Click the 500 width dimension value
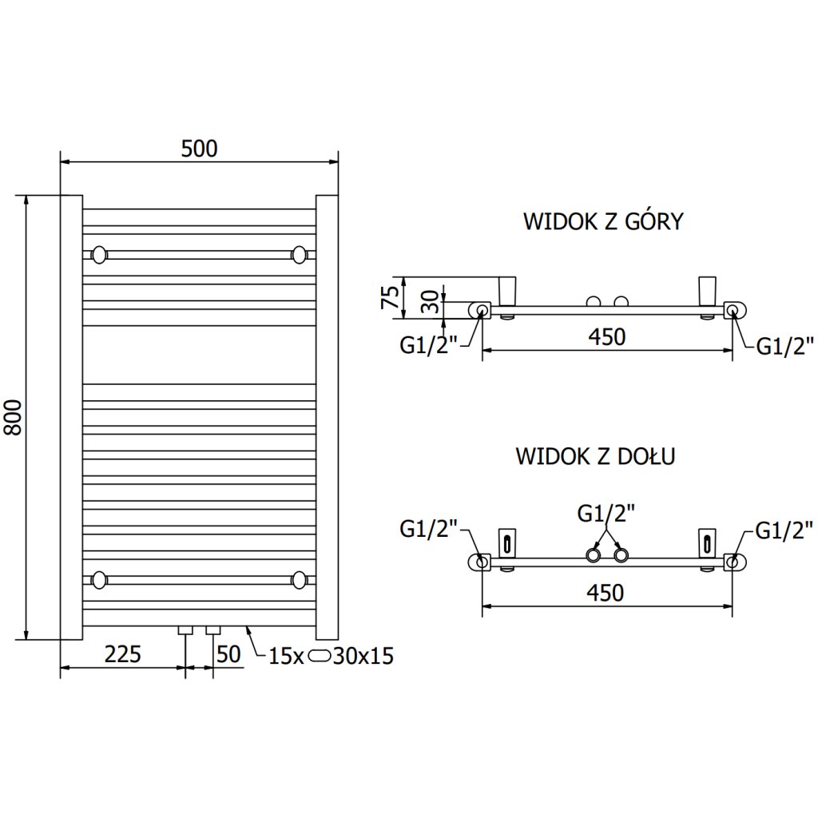click(199, 149)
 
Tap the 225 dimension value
click(123, 655)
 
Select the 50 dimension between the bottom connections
click(228, 655)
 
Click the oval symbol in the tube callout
click(320, 657)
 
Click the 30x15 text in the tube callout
click(363, 657)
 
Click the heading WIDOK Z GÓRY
click(602, 221)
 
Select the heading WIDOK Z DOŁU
click(595, 457)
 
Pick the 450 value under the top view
click(606, 337)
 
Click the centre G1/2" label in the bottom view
click(606, 513)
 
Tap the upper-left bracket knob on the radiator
click(99, 255)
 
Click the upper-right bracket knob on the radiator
click(300, 255)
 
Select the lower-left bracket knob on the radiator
click(99, 579)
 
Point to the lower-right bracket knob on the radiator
click(300, 579)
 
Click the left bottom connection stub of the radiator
click(185, 630)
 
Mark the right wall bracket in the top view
click(707, 291)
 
